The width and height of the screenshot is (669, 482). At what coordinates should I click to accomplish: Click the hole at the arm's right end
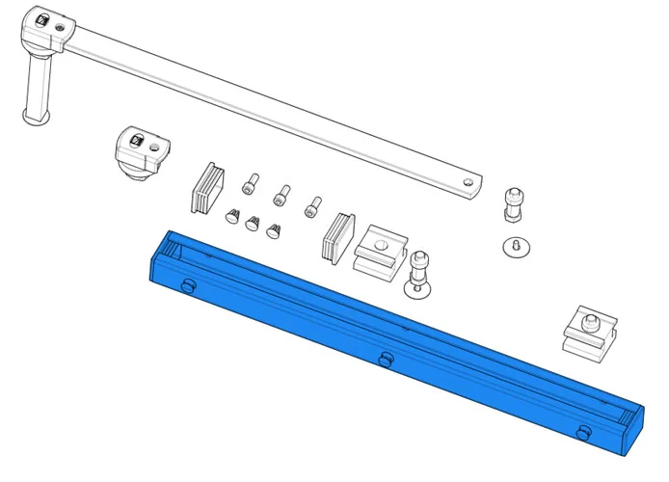pos(468,180)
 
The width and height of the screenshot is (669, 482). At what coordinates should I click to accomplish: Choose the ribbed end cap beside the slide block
pos(338,237)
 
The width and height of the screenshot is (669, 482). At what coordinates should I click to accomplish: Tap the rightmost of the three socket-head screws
pos(312,205)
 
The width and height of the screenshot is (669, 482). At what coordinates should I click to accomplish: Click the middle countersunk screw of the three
pos(253,223)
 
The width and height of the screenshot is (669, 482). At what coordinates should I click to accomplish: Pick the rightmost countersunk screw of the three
pos(274,230)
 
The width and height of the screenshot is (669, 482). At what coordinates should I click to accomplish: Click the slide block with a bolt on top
pos(588,333)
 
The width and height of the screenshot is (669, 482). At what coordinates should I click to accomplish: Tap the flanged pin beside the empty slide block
pos(419,274)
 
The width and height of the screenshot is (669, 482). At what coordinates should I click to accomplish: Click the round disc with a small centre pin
pos(518,247)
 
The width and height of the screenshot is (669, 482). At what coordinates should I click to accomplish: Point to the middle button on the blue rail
pos(386,360)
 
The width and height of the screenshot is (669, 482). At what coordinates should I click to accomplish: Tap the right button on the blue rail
pos(583,432)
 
